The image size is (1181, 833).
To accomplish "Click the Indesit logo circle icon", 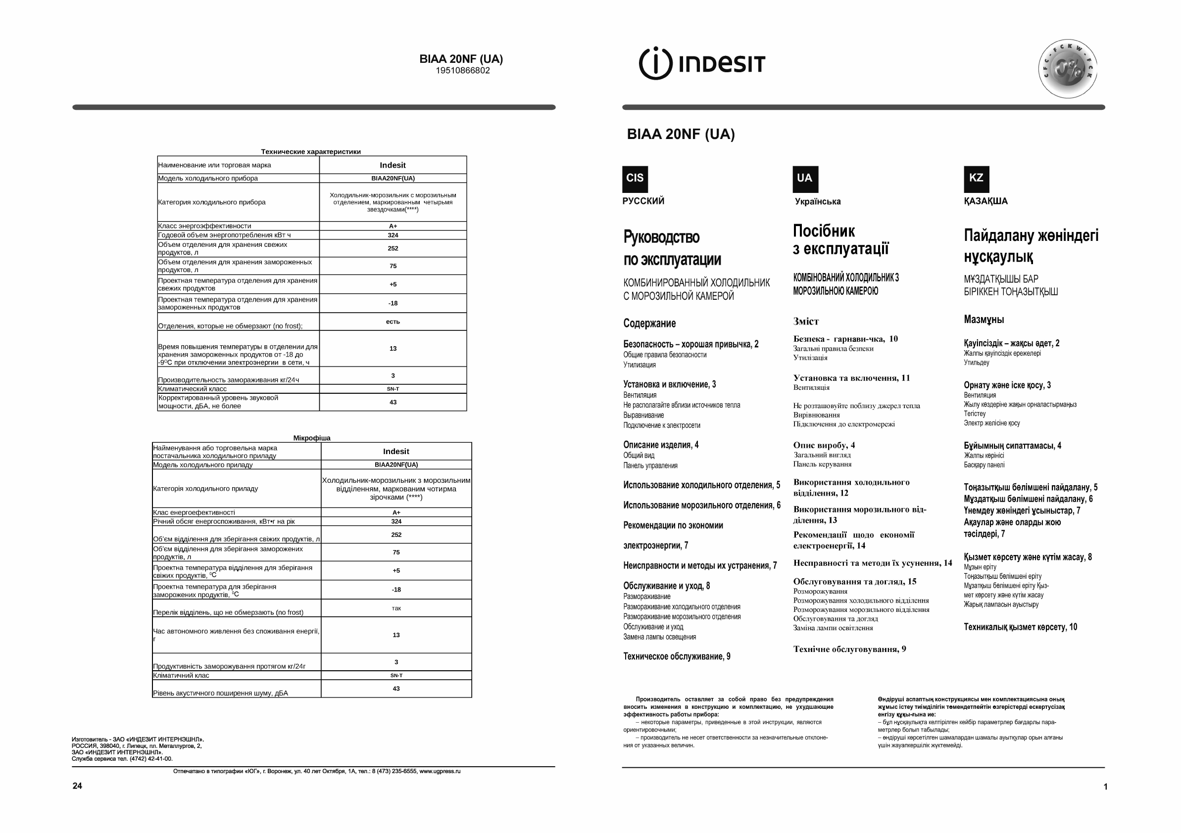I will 655,64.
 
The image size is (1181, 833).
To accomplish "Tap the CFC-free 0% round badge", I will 1067,69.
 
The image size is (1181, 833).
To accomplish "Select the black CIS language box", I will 635,179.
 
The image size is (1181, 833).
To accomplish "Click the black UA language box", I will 805,179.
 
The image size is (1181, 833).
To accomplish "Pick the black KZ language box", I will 976,179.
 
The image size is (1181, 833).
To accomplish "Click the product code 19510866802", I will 462,71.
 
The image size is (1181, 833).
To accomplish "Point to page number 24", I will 77,786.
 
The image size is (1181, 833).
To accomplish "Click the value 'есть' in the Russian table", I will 393,322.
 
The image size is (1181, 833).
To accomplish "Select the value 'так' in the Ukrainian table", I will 395,608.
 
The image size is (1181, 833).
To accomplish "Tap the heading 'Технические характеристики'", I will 311,152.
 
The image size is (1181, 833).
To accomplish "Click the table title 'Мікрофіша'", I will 312,438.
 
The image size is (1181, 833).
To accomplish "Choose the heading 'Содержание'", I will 649,324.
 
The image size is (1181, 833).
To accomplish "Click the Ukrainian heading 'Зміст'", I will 805,322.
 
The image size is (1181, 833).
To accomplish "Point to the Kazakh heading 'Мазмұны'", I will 984,320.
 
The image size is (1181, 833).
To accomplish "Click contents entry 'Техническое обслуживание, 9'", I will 677,656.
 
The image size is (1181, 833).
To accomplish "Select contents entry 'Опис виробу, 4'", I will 824,445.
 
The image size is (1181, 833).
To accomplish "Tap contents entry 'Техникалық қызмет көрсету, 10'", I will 1020,627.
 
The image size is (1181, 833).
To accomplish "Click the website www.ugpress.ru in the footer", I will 440,771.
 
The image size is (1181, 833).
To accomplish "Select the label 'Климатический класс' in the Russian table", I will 192,389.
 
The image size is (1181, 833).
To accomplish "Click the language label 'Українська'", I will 817,201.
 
